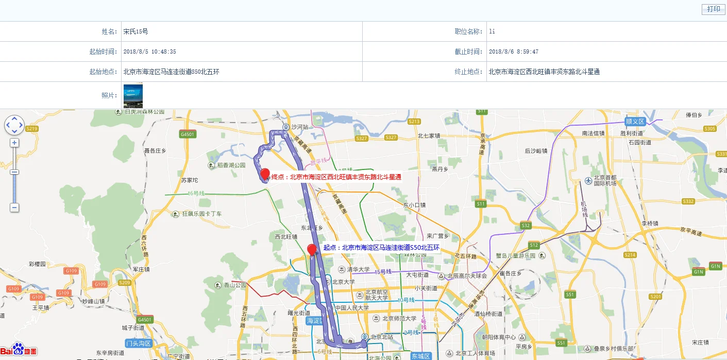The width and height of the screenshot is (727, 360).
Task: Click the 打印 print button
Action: (714, 9)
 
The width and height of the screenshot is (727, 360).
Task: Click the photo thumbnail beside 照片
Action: (133, 96)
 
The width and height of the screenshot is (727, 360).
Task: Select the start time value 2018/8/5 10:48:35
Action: (149, 52)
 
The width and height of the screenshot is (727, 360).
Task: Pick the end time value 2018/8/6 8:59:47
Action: (513, 52)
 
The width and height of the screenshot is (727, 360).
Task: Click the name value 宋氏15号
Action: (136, 31)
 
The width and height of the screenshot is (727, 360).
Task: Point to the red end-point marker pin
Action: (265, 174)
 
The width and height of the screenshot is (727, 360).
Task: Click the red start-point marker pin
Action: (312, 250)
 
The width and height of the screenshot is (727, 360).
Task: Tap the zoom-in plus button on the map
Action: (14, 143)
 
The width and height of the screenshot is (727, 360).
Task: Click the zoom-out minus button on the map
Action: (14, 208)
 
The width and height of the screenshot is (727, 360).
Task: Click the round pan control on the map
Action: (14, 125)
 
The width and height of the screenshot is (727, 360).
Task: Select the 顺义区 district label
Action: (635, 122)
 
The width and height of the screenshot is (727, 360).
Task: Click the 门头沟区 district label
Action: (139, 344)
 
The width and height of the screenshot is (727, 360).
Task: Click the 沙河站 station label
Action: (299, 127)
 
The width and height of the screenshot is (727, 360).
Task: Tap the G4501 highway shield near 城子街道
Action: (145, 320)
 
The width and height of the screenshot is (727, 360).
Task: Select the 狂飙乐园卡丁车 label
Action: (201, 213)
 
